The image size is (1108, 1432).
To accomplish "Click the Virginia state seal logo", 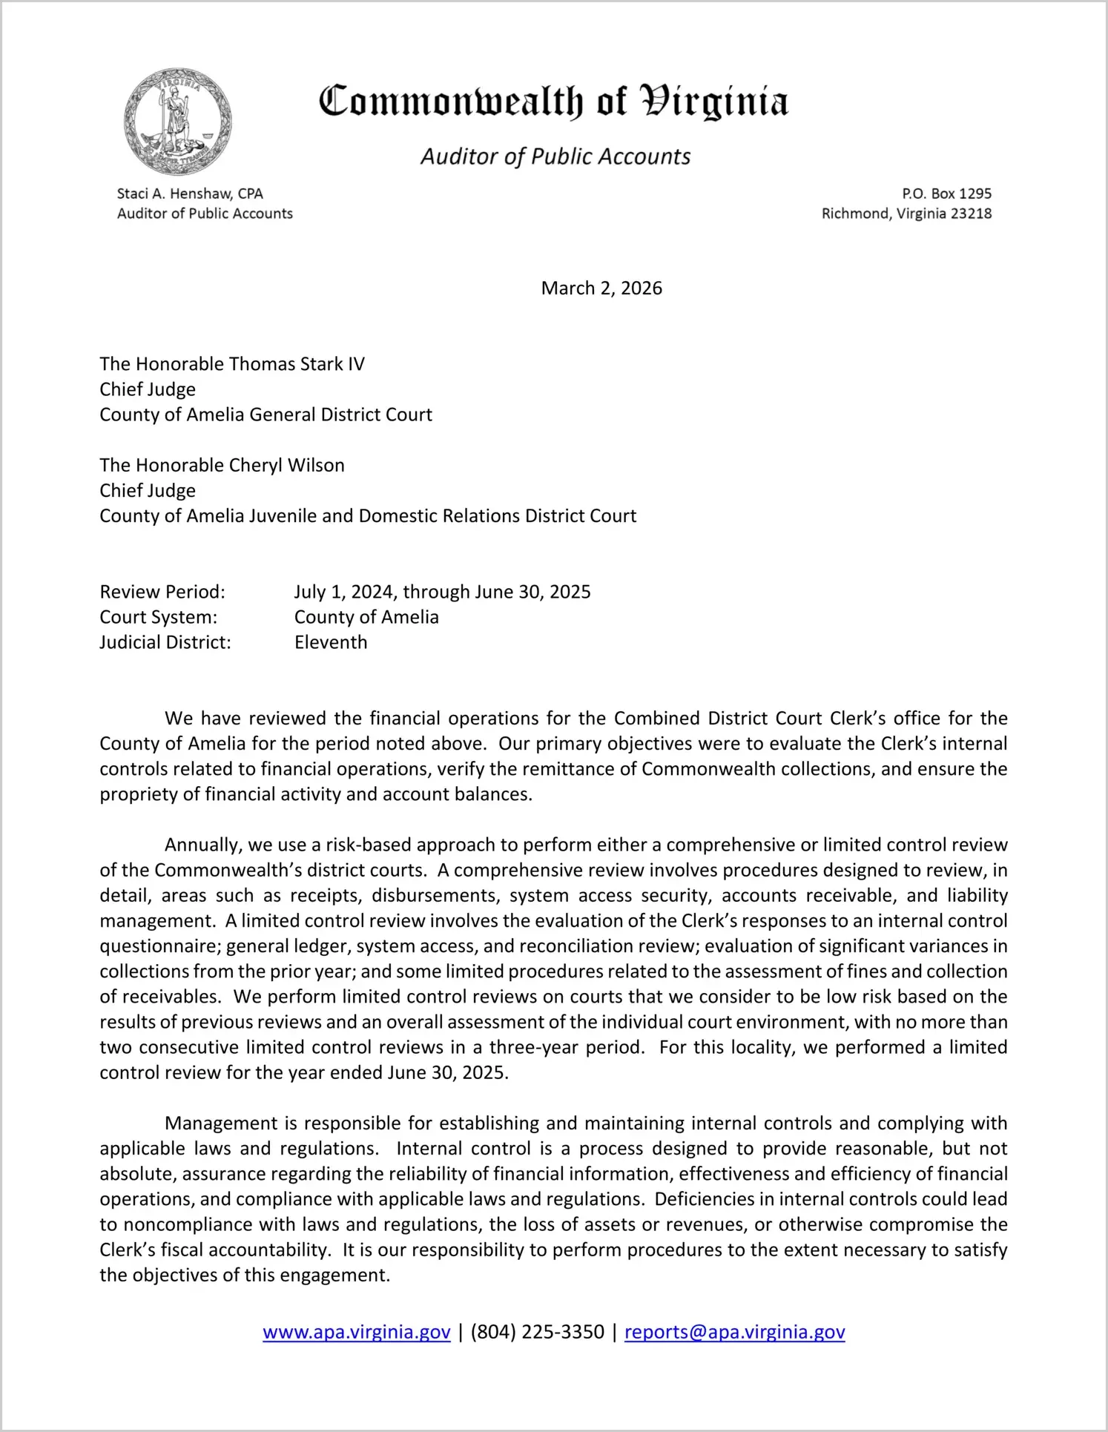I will coord(178,122).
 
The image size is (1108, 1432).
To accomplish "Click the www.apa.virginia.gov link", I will coord(356,1332).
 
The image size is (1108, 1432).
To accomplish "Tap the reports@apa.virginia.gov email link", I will coord(734,1332).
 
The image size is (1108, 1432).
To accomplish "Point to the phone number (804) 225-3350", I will coord(537,1332).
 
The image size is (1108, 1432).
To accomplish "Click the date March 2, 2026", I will coord(601,288).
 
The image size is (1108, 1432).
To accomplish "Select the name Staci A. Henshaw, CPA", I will coord(190,194).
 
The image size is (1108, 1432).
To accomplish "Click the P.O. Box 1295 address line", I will coord(946,194).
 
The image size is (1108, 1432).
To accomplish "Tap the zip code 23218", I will coord(972,214).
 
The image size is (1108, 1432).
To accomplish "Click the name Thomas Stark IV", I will coord(297,364).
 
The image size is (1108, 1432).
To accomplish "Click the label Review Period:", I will coord(162,592).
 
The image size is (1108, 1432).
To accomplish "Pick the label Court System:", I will coord(159,617).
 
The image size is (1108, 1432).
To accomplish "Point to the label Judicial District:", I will coord(165,642).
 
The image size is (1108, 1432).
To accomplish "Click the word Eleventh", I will coord(331,642).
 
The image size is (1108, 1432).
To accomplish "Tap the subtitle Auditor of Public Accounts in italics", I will coord(555,156).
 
